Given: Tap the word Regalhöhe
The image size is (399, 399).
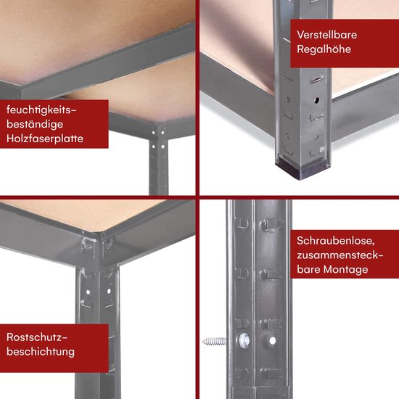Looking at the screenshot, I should [x=324, y=49].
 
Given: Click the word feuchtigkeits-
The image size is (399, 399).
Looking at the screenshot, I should [x=41, y=108].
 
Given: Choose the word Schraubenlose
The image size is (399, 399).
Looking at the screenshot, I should [x=335, y=239].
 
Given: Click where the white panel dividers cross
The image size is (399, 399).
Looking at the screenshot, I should [x=198, y=199].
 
